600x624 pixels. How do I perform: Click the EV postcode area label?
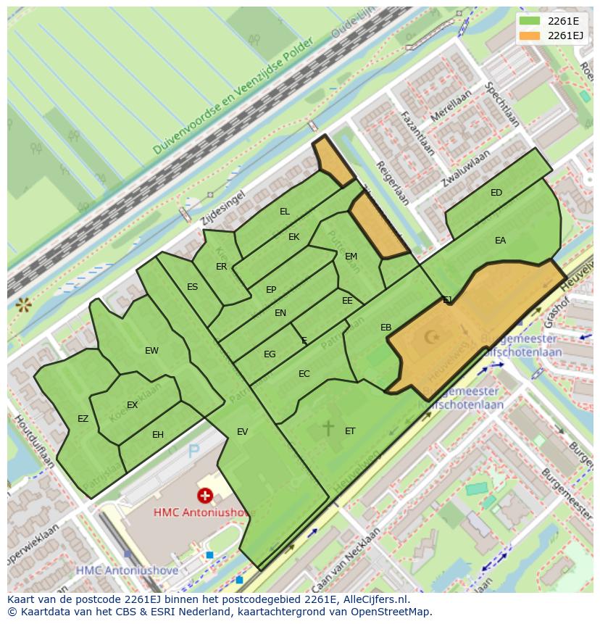click(242, 432)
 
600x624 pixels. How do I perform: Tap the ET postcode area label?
click(350, 431)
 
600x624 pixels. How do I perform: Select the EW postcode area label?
click(151, 351)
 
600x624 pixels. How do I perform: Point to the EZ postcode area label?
click(83, 419)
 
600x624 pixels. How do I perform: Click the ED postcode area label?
click(496, 193)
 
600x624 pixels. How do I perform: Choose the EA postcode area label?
click(500, 241)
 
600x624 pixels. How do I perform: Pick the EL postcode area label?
click(285, 212)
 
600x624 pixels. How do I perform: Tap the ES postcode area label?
click(192, 287)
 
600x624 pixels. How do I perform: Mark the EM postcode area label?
click(351, 257)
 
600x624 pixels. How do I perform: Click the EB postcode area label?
click(386, 328)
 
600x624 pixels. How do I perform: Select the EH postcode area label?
click(158, 435)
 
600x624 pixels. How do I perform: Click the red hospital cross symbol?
click(205, 496)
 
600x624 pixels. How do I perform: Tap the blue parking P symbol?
click(193, 452)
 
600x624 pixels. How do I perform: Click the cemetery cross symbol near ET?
click(328, 428)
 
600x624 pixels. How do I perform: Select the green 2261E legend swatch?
click(530, 21)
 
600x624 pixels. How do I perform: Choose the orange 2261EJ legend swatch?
click(530, 36)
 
